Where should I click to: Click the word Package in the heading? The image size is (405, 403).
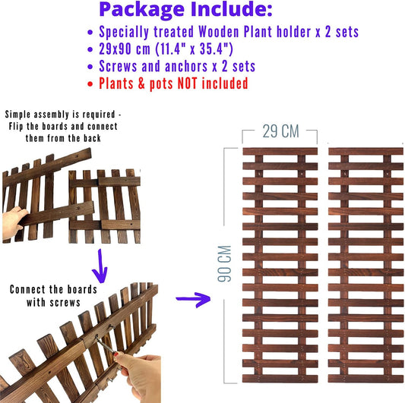[x=141, y=10]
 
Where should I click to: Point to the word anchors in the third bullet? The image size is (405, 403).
[x=186, y=66]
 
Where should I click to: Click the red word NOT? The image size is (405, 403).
[x=187, y=83]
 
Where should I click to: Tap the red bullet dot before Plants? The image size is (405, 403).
[x=90, y=83]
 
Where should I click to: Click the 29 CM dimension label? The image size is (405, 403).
[x=280, y=131]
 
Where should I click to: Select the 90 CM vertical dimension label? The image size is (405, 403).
[x=224, y=263]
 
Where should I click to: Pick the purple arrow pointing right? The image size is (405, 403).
[x=193, y=299]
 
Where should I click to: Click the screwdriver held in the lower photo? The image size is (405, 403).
[x=106, y=345]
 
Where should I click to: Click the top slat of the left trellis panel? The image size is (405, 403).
[x=280, y=152]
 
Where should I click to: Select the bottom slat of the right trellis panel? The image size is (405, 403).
[x=365, y=379]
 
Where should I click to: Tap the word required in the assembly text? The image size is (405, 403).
[x=99, y=115]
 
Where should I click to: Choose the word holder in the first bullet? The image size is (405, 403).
[x=293, y=32]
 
